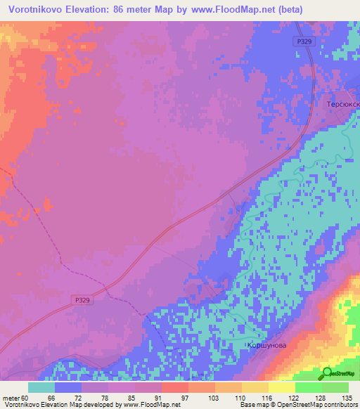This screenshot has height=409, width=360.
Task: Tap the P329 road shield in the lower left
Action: (x=82, y=300)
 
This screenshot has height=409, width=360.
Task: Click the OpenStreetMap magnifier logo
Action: (x=327, y=373)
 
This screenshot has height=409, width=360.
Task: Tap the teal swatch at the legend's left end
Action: (x=41, y=387)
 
